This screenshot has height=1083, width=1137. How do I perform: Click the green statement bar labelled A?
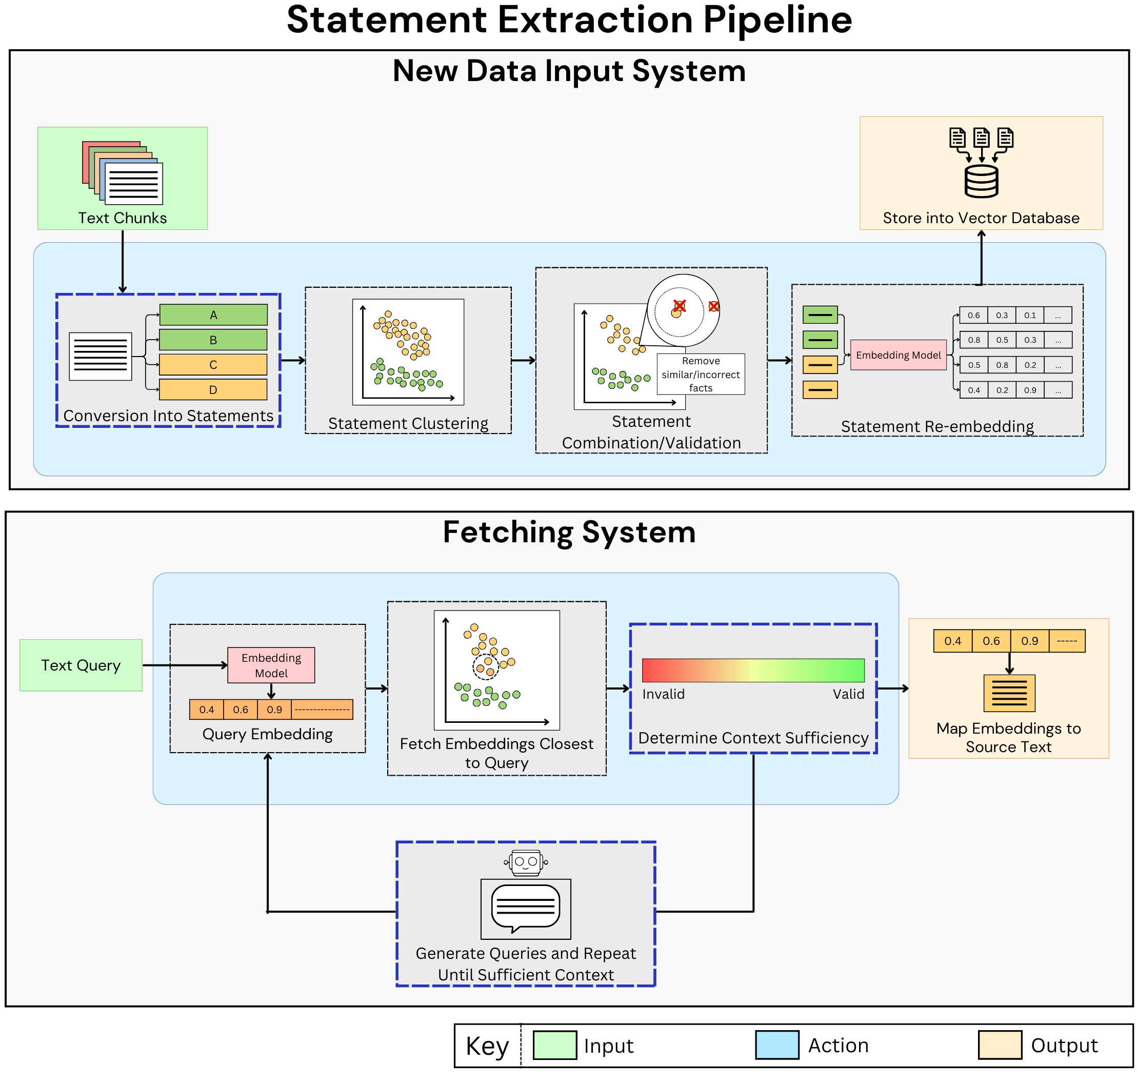coord(213,314)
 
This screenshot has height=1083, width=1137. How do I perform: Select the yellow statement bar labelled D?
coord(213,390)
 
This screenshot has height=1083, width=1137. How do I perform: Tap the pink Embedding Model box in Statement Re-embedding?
coord(898,355)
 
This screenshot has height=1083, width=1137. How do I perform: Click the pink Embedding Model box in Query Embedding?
coord(271,665)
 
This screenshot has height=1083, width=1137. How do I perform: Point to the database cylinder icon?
coord(981,181)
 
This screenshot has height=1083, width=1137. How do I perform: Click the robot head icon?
coord(526,862)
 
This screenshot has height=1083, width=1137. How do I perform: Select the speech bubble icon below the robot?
coord(526,909)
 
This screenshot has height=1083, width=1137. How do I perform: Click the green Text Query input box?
coord(81,665)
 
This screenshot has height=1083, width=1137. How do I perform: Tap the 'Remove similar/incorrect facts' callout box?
coord(701,374)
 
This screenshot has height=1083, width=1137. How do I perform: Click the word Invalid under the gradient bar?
coord(663,694)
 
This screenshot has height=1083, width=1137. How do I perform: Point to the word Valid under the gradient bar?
coord(848,694)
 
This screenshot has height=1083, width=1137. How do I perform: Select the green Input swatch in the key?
coord(554,1045)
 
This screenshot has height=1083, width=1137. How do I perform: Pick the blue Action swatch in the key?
coord(777,1045)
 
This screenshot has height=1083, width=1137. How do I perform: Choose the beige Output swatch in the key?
coord(1000,1045)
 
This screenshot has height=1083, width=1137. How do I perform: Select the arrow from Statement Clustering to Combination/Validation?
coord(524,360)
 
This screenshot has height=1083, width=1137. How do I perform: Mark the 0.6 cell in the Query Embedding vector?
coord(241,710)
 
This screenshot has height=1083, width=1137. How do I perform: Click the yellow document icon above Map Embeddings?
coord(1009,693)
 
